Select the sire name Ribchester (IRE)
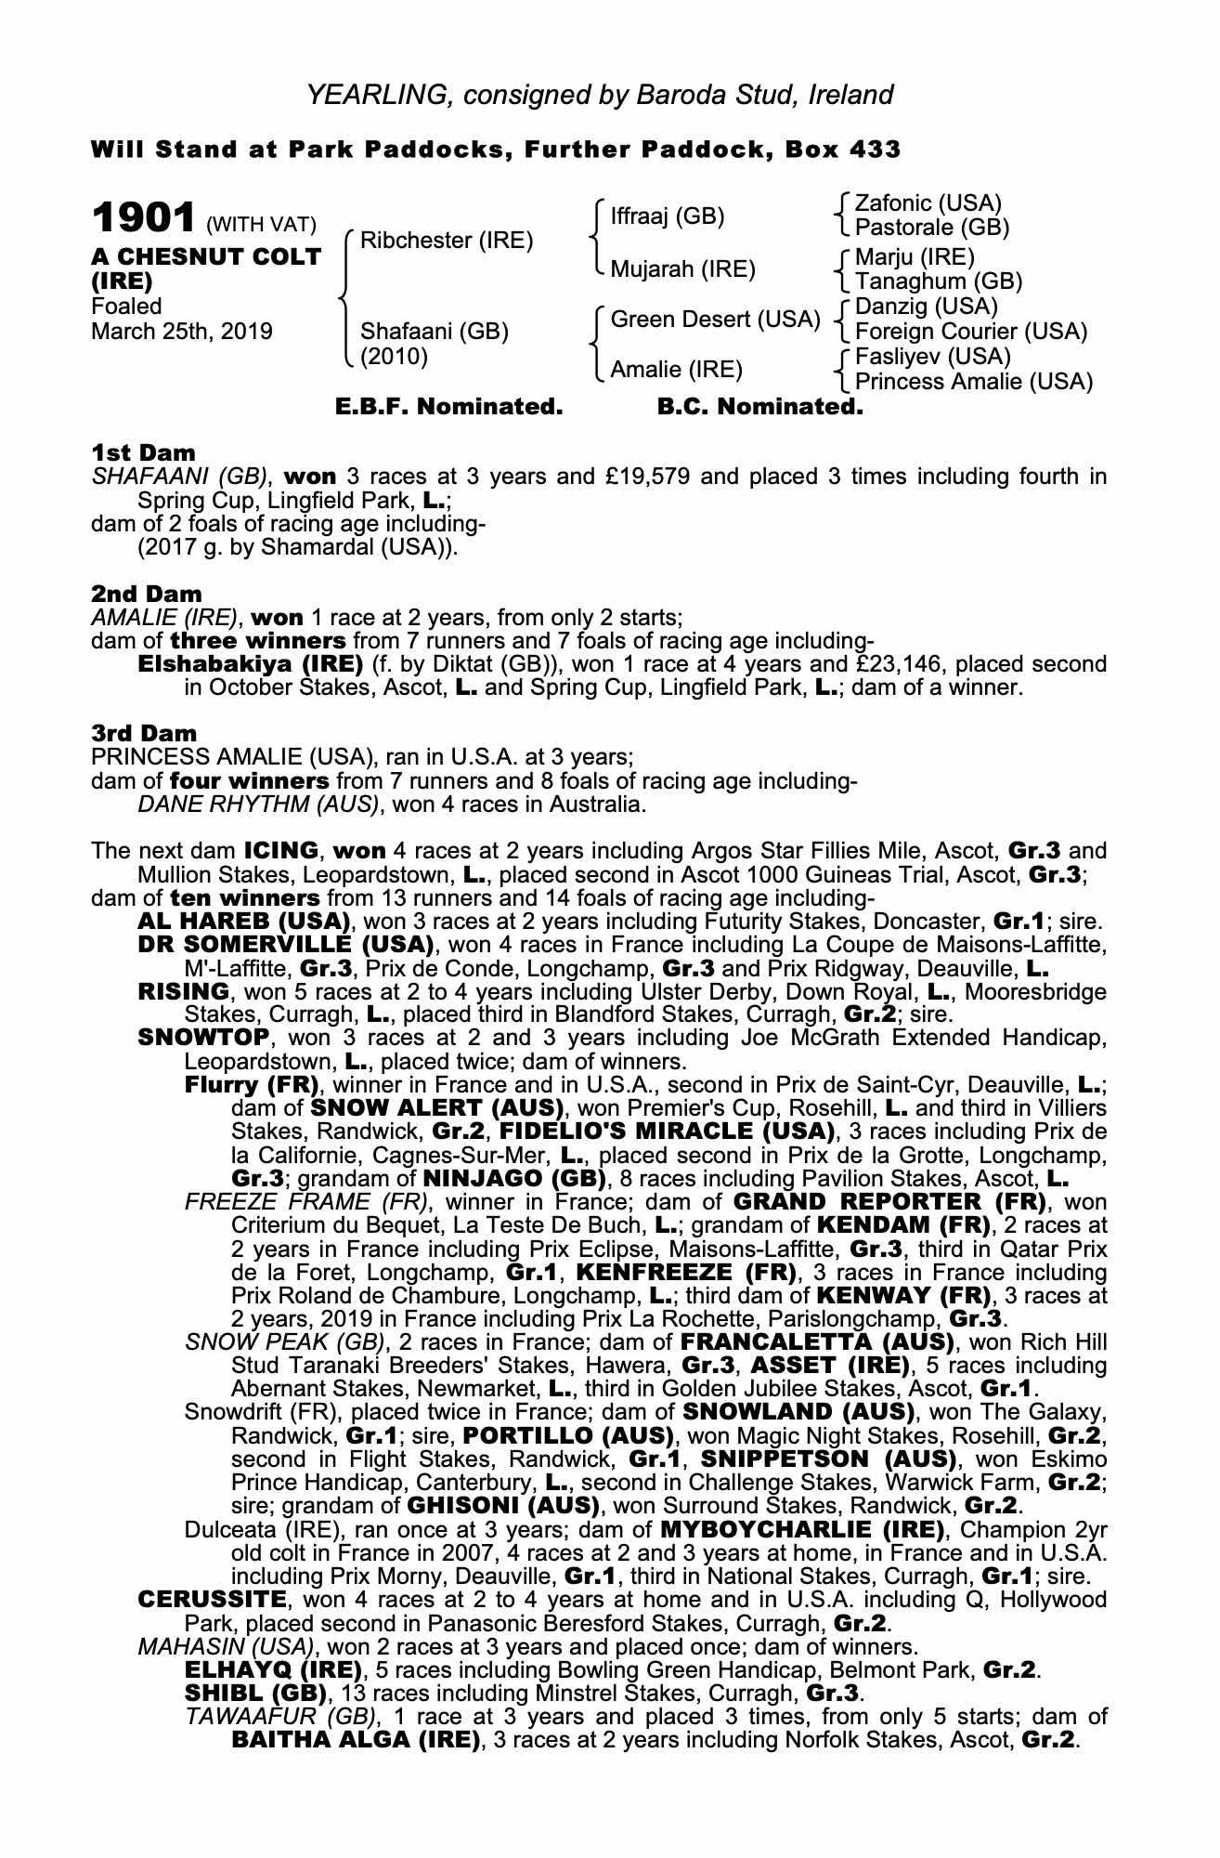click(447, 241)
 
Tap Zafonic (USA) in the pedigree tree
click(928, 203)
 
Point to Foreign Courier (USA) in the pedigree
click(970, 332)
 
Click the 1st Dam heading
click(143, 452)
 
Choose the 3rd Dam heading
click(143, 733)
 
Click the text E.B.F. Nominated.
click(448, 407)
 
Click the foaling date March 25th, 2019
click(181, 332)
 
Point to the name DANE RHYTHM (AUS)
click(258, 805)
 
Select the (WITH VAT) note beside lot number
click(262, 224)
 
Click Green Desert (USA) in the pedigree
click(715, 320)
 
